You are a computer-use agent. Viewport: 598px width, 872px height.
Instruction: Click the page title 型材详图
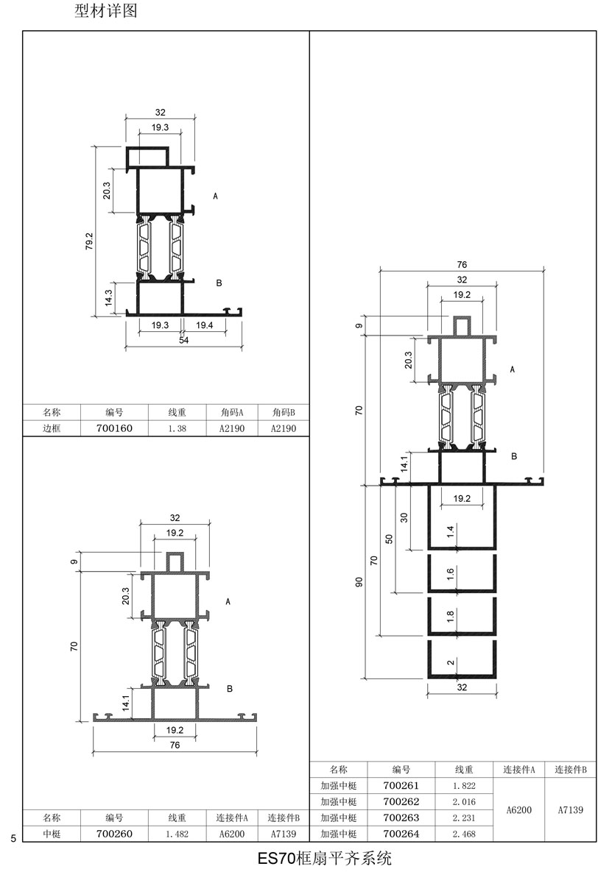pos(106,10)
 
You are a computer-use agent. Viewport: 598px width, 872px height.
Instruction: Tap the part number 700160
pos(115,428)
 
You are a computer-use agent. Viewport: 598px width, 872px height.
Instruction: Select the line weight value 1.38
pos(177,429)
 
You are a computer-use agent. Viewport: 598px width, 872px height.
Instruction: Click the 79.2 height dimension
pos(89,241)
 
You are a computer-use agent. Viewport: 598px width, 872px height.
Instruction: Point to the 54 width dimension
pos(183,340)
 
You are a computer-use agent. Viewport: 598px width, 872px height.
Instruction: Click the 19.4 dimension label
pos(204,325)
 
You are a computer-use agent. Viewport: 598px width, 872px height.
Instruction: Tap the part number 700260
pos(115,834)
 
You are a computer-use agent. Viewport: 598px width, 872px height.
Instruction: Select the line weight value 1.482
pos(177,834)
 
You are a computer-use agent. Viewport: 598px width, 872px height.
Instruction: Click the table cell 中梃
pos(52,834)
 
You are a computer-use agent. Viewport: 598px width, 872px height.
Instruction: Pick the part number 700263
pos(401,818)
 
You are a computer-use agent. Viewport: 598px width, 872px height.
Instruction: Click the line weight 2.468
pos(465,834)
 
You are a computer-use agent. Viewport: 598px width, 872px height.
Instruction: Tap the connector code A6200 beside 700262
pos(519,810)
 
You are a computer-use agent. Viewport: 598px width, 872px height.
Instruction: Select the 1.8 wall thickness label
pos(451,616)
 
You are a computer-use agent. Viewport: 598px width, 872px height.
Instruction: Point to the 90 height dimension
pos(359,582)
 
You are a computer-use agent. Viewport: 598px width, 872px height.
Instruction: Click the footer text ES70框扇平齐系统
pos(325,858)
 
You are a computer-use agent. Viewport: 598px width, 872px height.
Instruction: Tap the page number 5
pos(13,838)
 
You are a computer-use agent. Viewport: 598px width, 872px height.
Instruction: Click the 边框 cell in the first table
pos(52,428)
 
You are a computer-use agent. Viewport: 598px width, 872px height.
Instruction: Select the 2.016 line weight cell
pos(465,802)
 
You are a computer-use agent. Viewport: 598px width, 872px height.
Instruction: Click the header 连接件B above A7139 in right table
pos(571,770)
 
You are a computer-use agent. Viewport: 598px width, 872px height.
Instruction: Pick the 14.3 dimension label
pos(109,297)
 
